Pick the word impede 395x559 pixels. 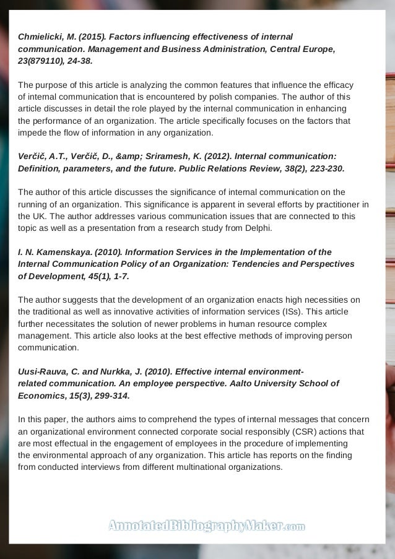(x=32, y=132)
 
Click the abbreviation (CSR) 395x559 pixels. (x=281, y=431)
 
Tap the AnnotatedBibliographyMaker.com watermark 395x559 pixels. (x=206, y=527)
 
